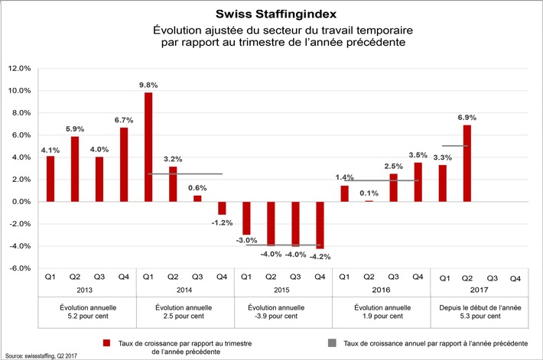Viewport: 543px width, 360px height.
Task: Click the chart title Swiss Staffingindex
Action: pyautogui.click(x=271, y=15)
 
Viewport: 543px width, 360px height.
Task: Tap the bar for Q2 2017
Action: pyautogui.click(x=467, y=163)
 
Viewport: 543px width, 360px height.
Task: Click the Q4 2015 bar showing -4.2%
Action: pyautogui.click(x=320, y=225)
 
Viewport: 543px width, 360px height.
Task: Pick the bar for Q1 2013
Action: pyautogui.click(x=50, y=179)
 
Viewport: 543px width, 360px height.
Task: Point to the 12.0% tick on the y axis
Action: pyautogui.click(x=19, y=69)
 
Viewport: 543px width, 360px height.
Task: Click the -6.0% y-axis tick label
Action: pyautogui.click(x=19, y=269)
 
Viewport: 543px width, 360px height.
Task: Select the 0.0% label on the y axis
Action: pyautogui.click(x=20, y=203)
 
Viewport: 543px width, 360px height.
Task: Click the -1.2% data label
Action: pyautogui.click(x=222, y=222)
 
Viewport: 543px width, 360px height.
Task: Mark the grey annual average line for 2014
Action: pyautogui.click(x=185, y=174)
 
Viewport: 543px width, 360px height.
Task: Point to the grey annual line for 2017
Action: pyautogui.click(x=455, y=146)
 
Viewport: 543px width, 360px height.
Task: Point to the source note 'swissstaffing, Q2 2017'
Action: pyautogui.click(x=45, y=355)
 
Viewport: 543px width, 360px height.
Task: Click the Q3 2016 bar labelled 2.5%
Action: pyautogui.click(x=394, y=188)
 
